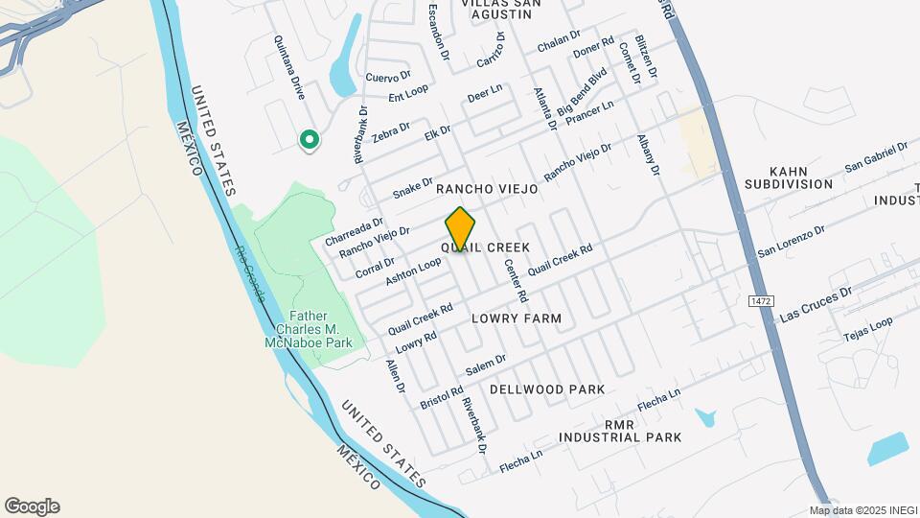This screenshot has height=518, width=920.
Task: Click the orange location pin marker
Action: pyautogui.click(x=460, y=230)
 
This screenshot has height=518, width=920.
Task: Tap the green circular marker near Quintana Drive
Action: pyautogui.click(x=309, y=141)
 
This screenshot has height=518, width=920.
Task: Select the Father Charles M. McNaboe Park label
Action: pyautogui.click(x=309, y=329)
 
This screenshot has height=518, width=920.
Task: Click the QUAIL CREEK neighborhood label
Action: pyautogui.click(x=485, y=247)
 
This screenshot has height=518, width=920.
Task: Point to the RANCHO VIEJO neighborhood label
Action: pyautogui.click(x=487, y=190)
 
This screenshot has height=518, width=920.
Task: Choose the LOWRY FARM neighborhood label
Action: pyautogui.click(x=517, y=318)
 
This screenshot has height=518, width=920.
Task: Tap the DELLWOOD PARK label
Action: pyautogui.click(x=547, y=389)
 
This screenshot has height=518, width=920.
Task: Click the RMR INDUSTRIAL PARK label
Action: pyautogui.click(x=621, y=430)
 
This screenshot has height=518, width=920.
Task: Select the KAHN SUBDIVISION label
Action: pyautogui.click(x=789, y=177)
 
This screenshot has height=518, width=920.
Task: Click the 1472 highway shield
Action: pyautogui.click(x=761, y=301)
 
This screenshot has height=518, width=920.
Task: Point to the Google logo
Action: pyautogui.click(x=32, y=506)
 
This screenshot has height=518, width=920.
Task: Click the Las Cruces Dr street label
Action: pyautogui.click(x=816, y=303)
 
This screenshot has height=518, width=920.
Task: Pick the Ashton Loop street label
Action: pyautogui.click(x=413, y=271)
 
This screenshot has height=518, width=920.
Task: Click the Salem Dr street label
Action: pyautogui.click(x=485, y=365)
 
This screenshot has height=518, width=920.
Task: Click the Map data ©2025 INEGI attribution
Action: pyautogui.click(x=862, y=510)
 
